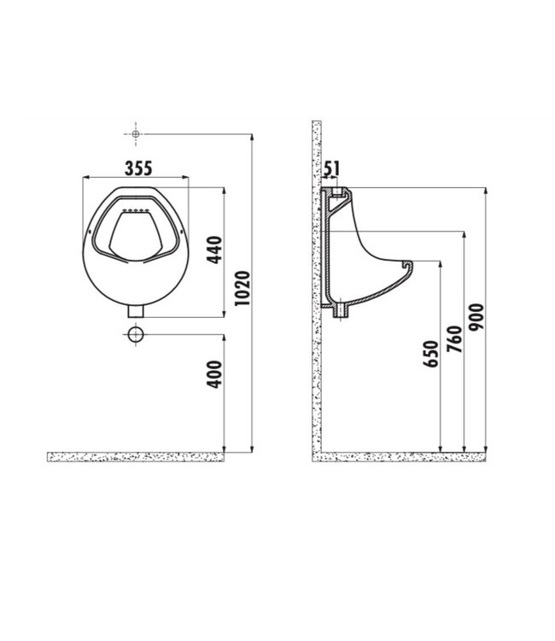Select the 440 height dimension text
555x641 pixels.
point(215,250)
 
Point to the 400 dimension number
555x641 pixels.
point(215,374)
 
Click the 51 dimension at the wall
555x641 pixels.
point(333,168)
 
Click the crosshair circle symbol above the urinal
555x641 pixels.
point(136,134)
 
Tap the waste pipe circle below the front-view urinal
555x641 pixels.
point(136,334)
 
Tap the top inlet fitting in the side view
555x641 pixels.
point(337,191)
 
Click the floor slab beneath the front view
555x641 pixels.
point(136,456)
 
